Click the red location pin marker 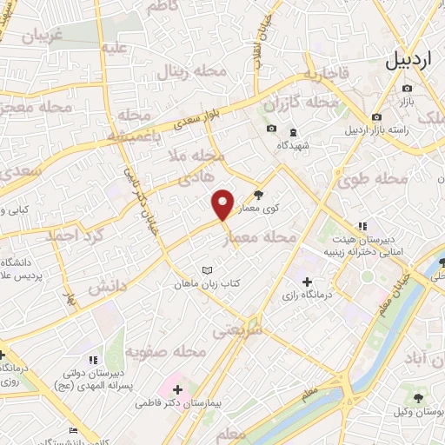(224, 204)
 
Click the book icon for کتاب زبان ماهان (206, 271)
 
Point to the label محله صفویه (164, 352)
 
